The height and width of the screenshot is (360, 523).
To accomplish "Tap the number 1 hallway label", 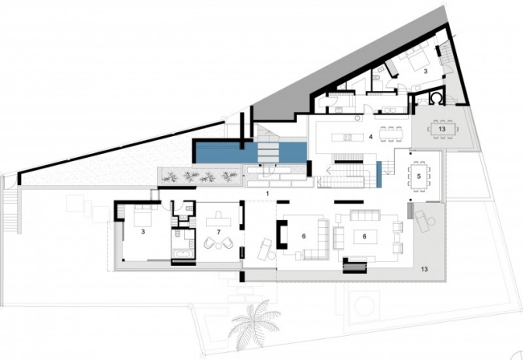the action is [x=267, y=193].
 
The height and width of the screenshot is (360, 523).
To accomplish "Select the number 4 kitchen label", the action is [x=371, y=137].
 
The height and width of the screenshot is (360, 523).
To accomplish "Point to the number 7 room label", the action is [x=219, y=232].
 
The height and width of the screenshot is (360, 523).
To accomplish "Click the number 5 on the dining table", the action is [x=419, y=176].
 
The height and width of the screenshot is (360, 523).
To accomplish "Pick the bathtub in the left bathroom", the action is [x=183, y=254].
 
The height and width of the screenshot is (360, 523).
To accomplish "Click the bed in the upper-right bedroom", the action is [x=414, y=58].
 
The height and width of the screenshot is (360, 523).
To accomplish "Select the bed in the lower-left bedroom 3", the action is [x=142, y=215].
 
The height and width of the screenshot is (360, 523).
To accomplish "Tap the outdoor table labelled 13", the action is [x=442, y=129].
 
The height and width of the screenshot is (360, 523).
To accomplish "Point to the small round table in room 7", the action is [x=219, y=246].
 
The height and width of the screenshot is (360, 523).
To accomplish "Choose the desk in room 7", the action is [x=219, y=220].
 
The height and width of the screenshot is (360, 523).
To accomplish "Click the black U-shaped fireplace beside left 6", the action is [x=281, y=234].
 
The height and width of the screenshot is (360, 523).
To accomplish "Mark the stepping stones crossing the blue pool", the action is [x=270, y=153].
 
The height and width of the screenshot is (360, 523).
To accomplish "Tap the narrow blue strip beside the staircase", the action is [x=379, y=174].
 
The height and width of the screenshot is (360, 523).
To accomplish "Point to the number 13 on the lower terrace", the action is [x=424, y=269].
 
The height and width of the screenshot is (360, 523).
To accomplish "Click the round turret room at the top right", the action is [x=436, y=97].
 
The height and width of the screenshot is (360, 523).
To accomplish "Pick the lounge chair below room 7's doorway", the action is [x=266, y=250].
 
